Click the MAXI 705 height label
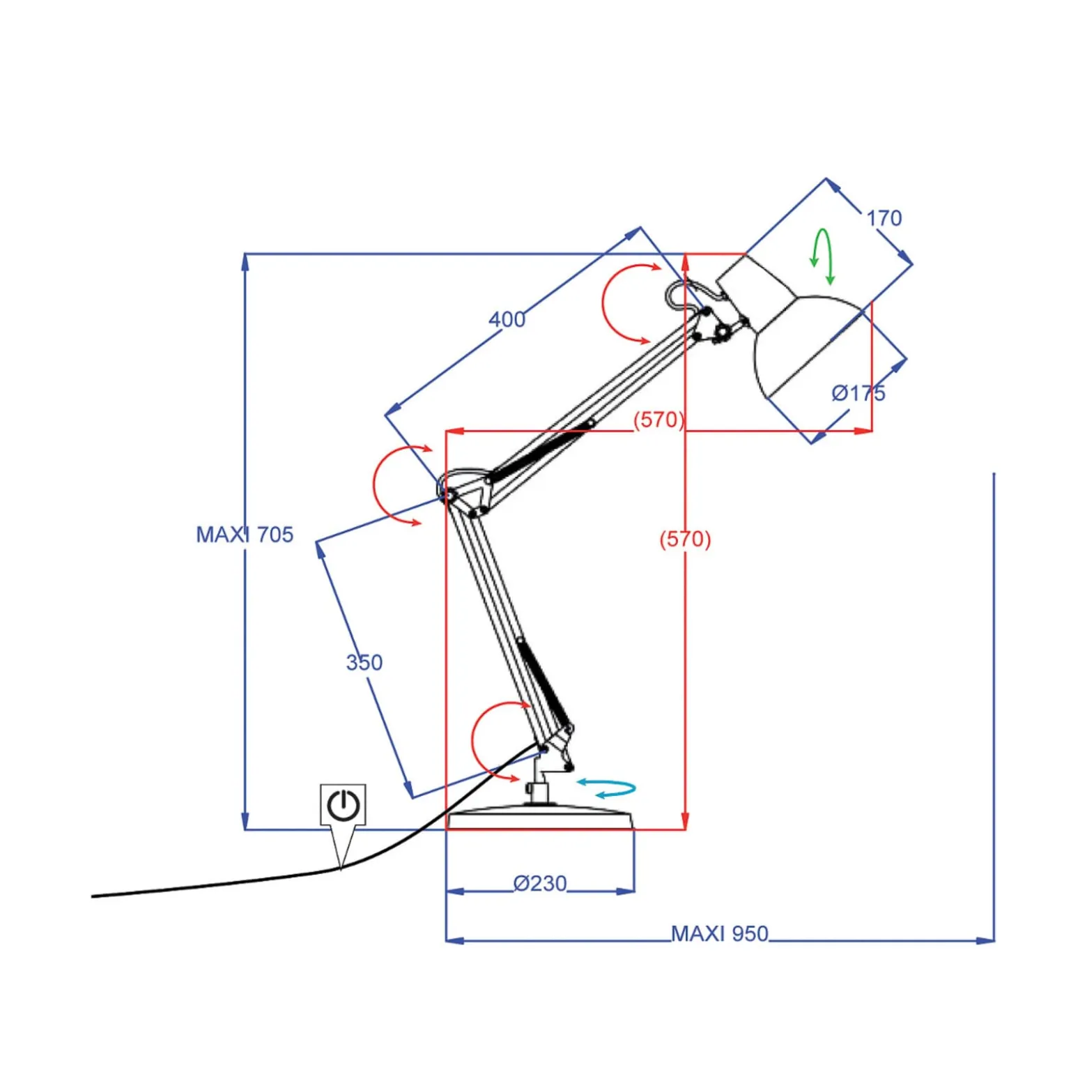click(245, 535)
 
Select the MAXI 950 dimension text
click(719, 933)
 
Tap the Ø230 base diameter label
click(540, 883)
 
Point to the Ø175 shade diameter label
click(858, 393)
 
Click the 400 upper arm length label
click(507, 319)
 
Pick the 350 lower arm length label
click(364, 662)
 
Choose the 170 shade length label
click(884, 218)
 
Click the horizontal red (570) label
click(658, 420)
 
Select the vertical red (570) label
click(685, 539)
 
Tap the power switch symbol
click(344, 805)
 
